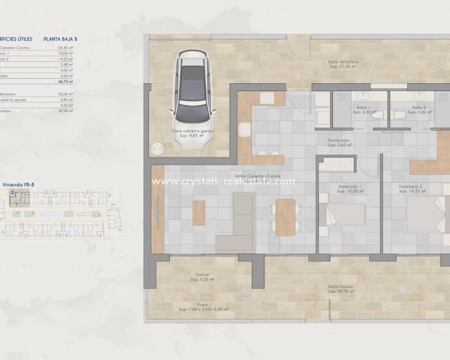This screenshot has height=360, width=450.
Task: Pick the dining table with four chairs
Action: pos(286,217)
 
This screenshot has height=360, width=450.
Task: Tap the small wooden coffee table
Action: pos(199,213)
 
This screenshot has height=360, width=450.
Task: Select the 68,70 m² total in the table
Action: pos(66,82)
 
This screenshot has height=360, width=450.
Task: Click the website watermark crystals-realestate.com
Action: pos(223,181)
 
